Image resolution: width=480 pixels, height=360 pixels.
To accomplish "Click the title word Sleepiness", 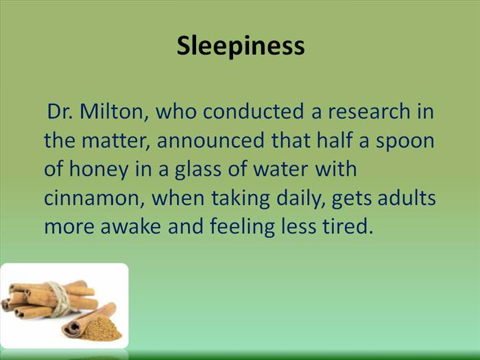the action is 241,46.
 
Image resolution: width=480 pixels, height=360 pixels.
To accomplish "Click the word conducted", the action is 253,111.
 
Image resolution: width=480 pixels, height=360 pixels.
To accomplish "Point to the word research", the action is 369,111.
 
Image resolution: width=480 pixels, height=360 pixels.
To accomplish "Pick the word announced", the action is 211,140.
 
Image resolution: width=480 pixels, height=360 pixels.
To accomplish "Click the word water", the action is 280,169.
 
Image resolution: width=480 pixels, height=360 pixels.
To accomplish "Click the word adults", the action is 407,197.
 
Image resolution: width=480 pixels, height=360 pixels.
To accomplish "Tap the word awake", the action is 131,226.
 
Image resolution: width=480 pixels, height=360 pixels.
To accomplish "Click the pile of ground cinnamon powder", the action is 100,329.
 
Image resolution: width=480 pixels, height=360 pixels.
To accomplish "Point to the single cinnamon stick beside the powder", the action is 88,320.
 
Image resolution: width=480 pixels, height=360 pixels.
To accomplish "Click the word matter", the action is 116,141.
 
